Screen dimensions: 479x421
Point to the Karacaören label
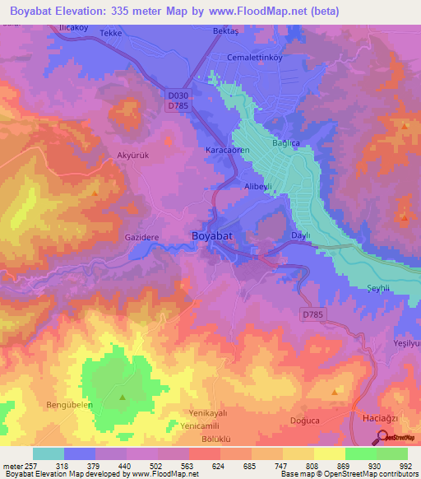tap(226, 151)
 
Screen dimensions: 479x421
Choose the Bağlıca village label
tap(288, 143)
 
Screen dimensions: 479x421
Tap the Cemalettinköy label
tap(254, 58)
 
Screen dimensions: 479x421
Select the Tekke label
tap(110, 33)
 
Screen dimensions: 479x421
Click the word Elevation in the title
tap(90, 12)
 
